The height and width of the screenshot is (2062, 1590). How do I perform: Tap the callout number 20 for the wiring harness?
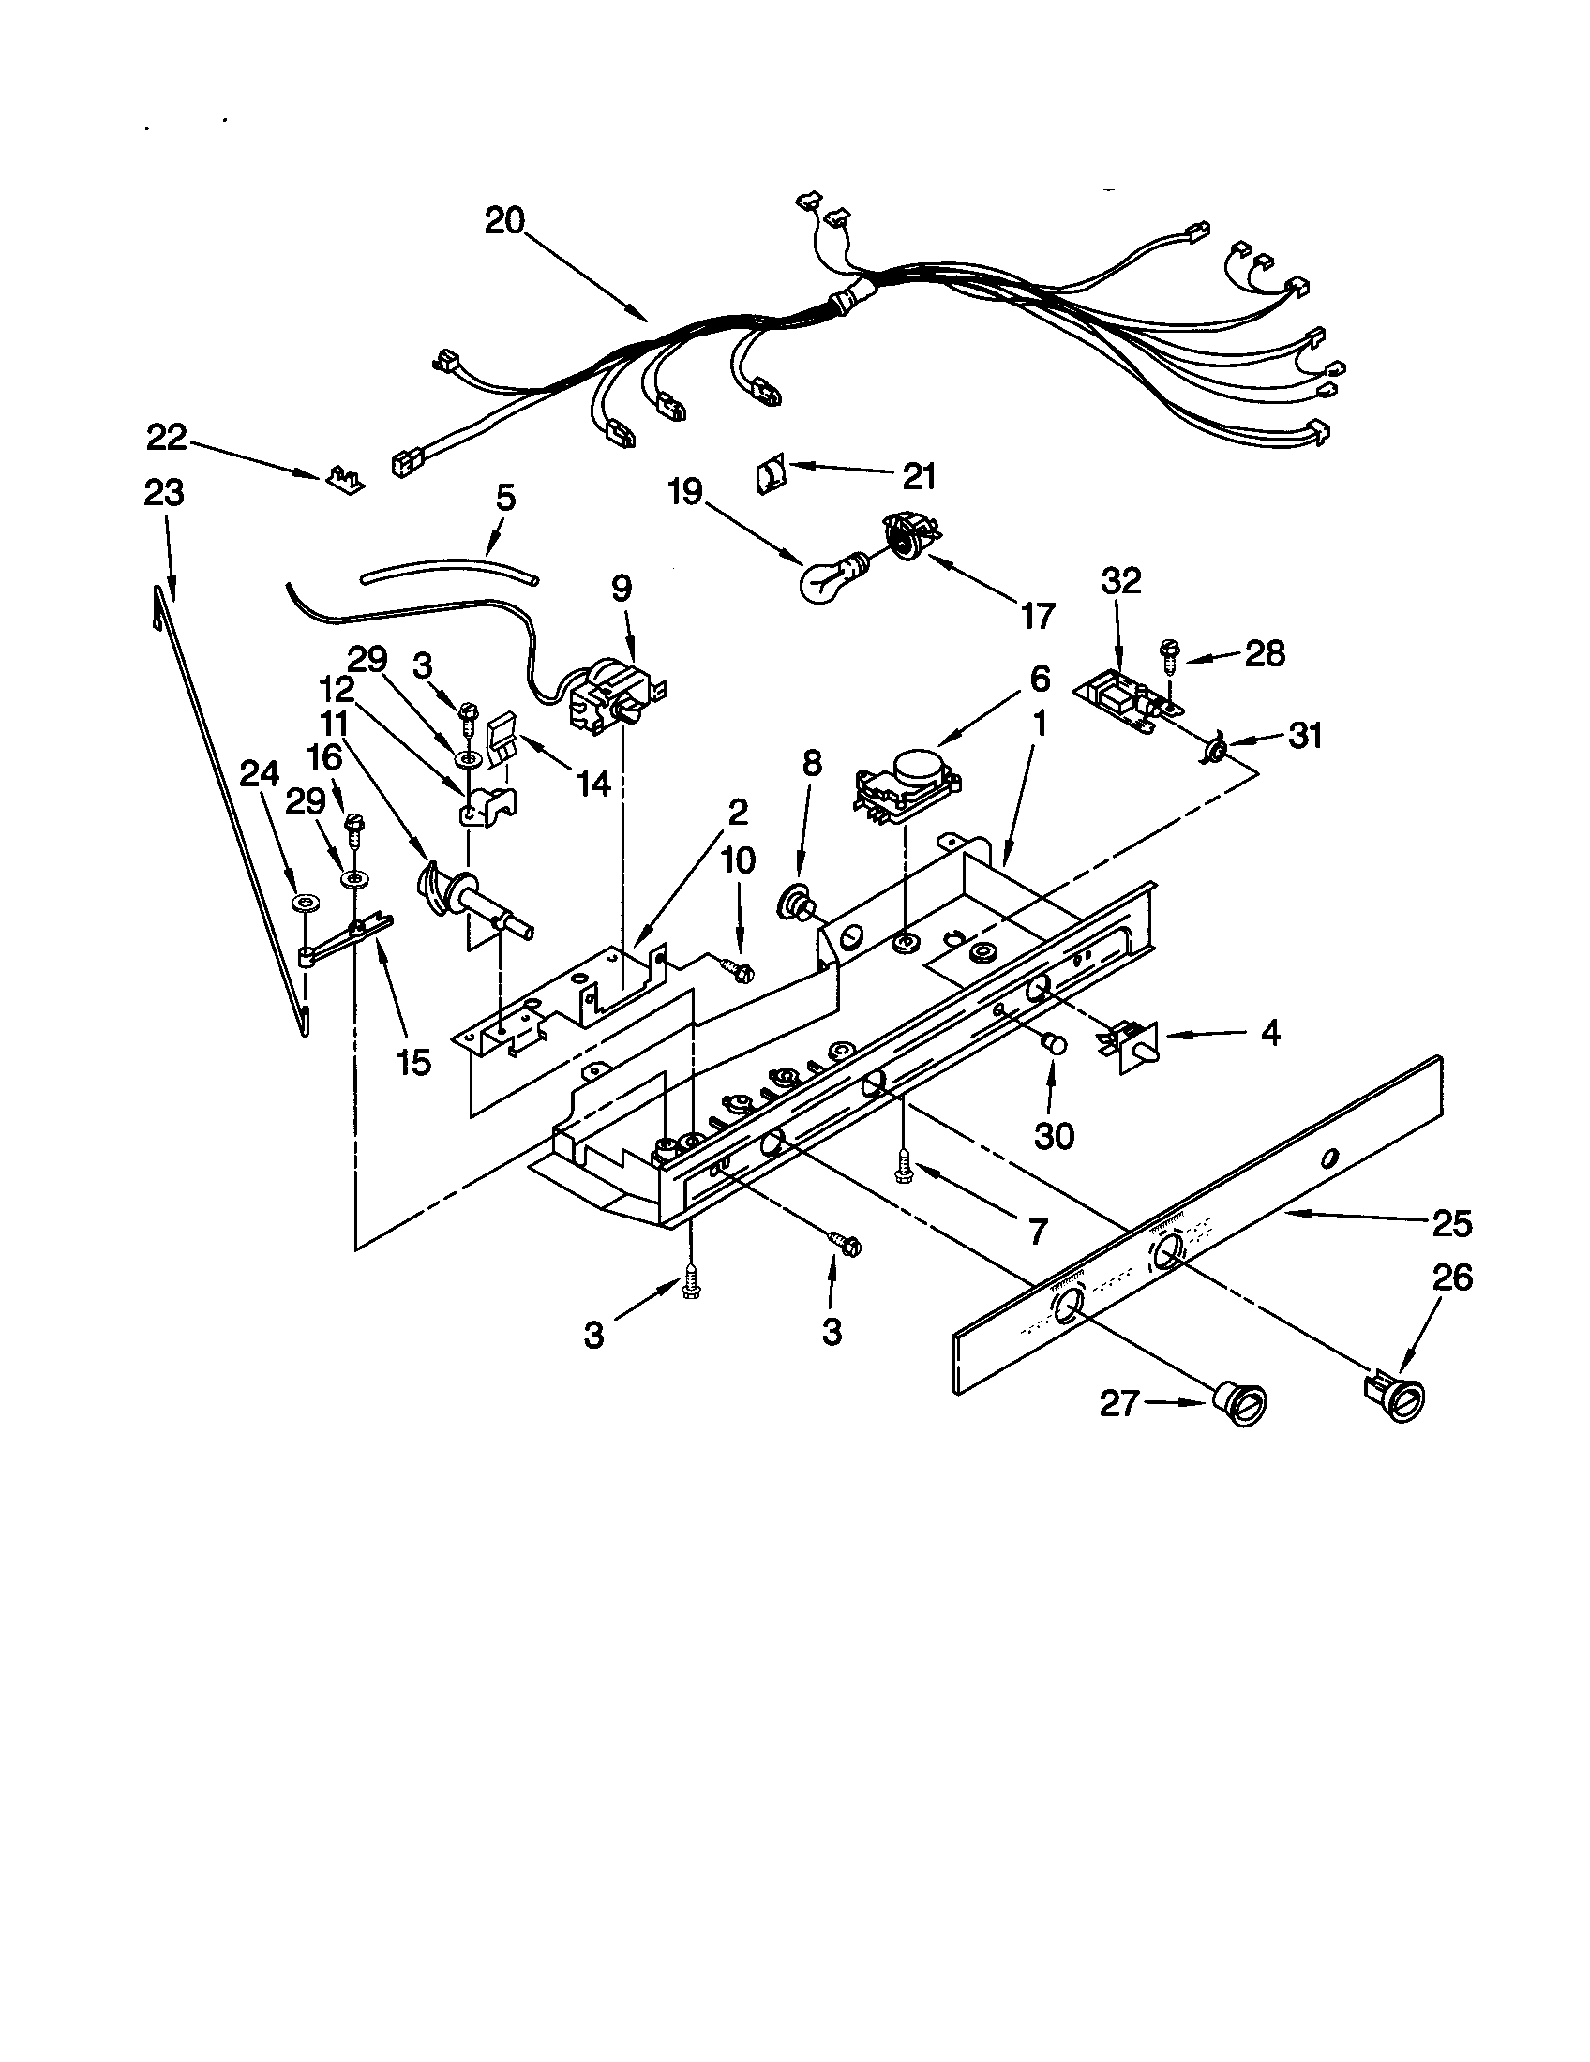pos(505,221)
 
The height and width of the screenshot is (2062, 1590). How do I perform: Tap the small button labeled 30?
pos(1053,1044)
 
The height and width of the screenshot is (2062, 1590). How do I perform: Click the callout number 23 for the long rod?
pos(164,493)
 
